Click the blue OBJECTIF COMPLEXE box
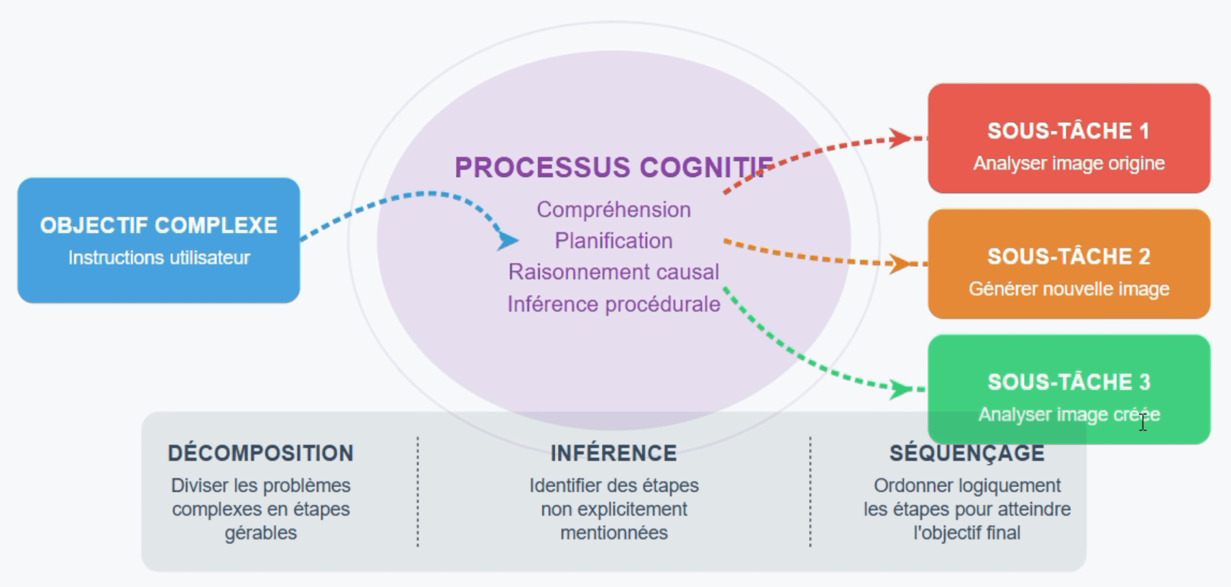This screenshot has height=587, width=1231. click(159, 240)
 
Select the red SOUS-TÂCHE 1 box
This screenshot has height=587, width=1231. click(1069, 138)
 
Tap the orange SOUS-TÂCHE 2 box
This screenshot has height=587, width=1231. click(1069, 264)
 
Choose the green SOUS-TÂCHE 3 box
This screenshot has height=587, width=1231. click(1069, 389)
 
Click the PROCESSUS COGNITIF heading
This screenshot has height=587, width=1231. click(614, 167)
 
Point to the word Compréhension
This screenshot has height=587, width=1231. click(614, 210)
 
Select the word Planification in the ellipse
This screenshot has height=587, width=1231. click(614, 241)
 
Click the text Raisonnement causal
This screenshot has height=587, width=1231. click(614, 272)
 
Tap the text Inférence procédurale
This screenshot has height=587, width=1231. click(614, 304)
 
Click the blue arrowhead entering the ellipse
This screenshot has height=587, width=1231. click(507, 240)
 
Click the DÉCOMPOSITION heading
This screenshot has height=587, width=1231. click(261, 453)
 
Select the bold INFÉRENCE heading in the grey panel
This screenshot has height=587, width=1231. click(614, 453)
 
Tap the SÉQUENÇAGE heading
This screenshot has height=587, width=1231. click(967, 453)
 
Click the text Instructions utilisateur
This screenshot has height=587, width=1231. click(159, 258)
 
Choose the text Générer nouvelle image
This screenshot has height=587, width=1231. click(1069, 288)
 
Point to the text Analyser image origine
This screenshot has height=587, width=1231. click(1069, 163)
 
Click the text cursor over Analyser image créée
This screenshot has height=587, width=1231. click(1143, 423)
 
